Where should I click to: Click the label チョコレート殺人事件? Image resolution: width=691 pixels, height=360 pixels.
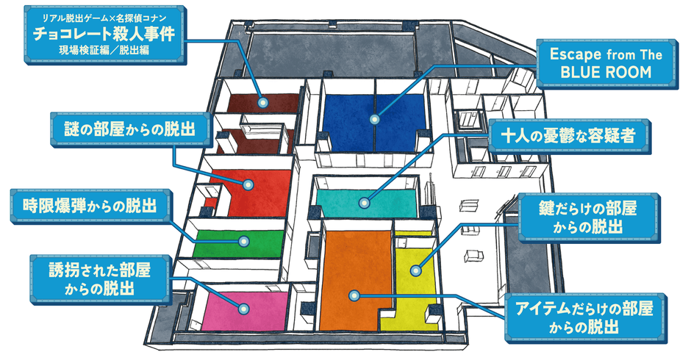coord(104,34)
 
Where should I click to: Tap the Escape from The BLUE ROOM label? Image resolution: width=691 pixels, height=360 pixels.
coord(606,63)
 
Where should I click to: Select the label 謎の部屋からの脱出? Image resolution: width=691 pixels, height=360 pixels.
coord(129,129)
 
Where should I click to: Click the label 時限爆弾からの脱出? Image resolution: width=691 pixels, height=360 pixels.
coord(90,206)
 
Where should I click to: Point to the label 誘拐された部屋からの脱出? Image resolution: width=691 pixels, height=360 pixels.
coord(100,279)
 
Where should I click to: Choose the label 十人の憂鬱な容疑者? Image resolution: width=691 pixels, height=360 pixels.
coord(568,136)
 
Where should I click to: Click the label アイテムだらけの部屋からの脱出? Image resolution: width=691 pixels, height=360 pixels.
coord(585,317)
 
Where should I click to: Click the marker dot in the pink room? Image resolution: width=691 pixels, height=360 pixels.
coord(243,309)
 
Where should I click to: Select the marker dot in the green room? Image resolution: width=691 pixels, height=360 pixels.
coord(244,242)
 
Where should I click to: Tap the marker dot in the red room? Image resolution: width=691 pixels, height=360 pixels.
coord(248,185)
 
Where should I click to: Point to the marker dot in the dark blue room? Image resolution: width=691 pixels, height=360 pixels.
coord(375,120)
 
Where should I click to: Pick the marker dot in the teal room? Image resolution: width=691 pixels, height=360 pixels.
coord(364,203)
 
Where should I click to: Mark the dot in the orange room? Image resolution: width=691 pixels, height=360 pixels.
coord(354,295)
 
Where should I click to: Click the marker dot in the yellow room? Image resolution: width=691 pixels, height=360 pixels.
coord(415,270)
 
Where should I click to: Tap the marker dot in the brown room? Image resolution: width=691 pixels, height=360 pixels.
coord(263,103)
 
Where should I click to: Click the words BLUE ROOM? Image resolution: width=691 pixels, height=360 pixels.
coord(606,72)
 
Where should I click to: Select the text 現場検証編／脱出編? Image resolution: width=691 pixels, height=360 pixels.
coord(104,50)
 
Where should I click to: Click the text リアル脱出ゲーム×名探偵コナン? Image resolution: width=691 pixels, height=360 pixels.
coord(104,18)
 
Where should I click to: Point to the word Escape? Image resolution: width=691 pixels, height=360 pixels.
coord(575,54)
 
